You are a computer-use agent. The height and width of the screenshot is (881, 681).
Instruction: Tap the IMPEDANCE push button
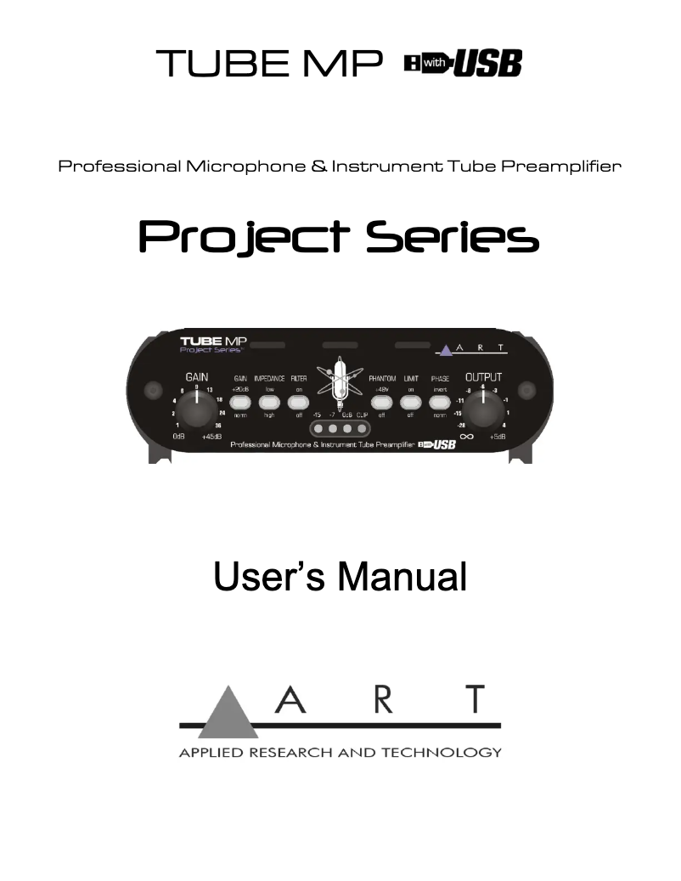click(x=269, y=402)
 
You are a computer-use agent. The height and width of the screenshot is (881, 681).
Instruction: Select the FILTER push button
click(x=298, y=402)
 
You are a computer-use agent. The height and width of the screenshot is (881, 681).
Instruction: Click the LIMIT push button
click(x=410, y=402)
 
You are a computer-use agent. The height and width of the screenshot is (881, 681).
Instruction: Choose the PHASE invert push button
click(x=439, y=402)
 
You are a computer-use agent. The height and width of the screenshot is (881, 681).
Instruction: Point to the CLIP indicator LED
click(x=362, y=430)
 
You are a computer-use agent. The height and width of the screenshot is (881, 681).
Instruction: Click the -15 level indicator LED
click(x=318, y=430)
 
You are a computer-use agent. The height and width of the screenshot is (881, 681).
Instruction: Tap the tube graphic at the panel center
click(x=340, y=387)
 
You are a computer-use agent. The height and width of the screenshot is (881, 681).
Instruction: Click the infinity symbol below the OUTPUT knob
click(x=466, y=437)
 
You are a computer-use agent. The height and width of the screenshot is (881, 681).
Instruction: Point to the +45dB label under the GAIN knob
click(x=213, y=437)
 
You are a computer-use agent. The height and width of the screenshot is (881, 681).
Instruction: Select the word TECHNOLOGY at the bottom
click(x=447, y=753)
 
